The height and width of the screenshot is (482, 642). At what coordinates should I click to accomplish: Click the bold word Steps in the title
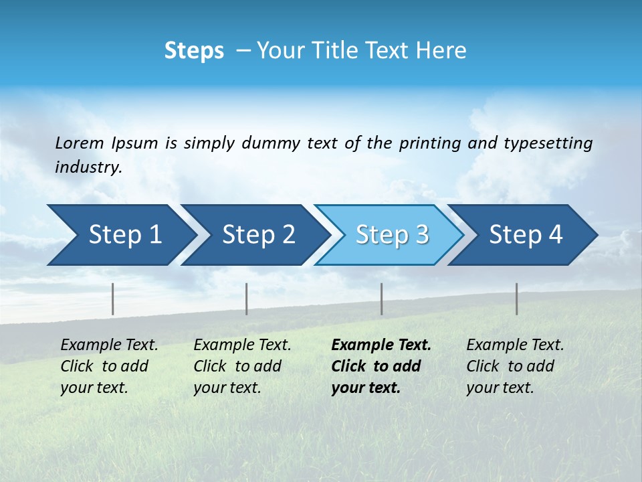coord(194,51)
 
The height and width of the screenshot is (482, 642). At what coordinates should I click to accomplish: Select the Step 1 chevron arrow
coord(120,235)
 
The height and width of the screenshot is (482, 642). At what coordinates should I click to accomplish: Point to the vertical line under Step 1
coord(113,299)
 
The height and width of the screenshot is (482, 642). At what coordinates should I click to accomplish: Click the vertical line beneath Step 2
coord(247,299)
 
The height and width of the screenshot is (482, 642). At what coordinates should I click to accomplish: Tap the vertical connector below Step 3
coord(382,299)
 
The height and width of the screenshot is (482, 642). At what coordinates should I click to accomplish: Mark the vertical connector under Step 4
coord(517,299)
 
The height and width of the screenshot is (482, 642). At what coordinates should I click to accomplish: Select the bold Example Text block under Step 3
coord(381,366)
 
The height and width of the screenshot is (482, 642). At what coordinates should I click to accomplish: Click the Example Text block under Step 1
coord(109,366)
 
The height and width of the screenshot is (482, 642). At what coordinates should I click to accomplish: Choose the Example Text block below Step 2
coord(242,366)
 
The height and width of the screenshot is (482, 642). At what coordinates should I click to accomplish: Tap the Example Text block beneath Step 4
coord(515,366)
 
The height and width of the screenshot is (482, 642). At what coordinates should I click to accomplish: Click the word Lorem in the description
coord(80,143)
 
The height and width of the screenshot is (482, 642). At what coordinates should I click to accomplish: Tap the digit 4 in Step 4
coord(555,235)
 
